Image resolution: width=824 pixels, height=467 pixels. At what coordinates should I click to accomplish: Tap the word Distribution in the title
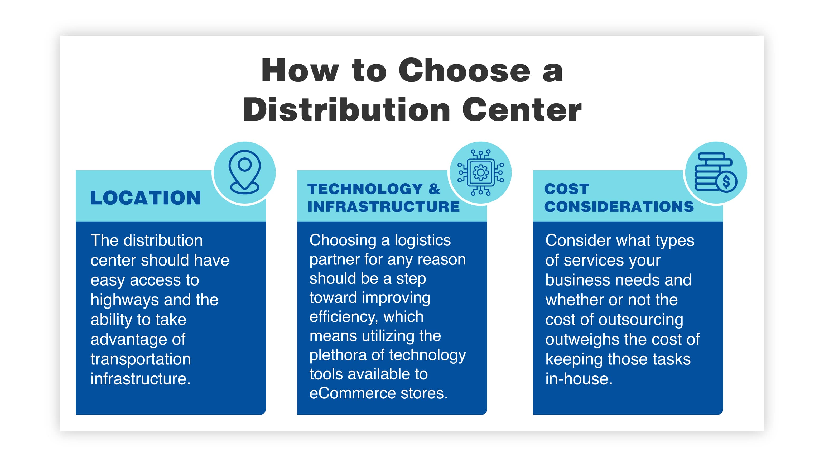346,110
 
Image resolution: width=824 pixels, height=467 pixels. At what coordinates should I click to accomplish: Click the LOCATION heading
146,198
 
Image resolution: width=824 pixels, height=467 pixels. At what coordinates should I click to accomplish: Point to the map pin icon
244,172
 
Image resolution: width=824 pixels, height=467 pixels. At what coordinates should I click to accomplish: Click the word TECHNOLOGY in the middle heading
365,189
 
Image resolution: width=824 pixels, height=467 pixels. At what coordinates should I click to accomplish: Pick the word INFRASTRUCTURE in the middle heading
383,206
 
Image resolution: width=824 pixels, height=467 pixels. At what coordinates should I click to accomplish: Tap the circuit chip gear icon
480,172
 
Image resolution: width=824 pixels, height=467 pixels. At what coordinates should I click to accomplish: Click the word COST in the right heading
567,189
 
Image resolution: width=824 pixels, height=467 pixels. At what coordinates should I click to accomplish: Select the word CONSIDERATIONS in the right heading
619,206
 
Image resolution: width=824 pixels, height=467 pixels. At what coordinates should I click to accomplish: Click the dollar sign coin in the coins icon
726,181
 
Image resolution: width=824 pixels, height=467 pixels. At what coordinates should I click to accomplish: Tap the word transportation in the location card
141,359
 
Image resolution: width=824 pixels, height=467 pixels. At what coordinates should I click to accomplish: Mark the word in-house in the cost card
579,379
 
